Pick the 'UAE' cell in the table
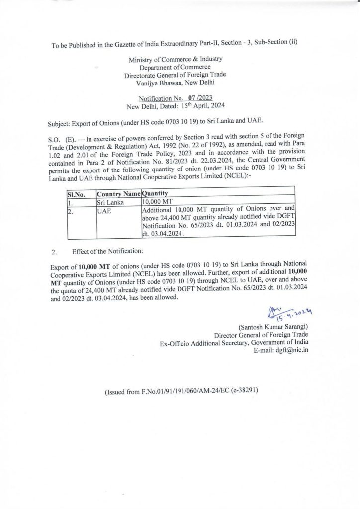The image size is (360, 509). (105, 209)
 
